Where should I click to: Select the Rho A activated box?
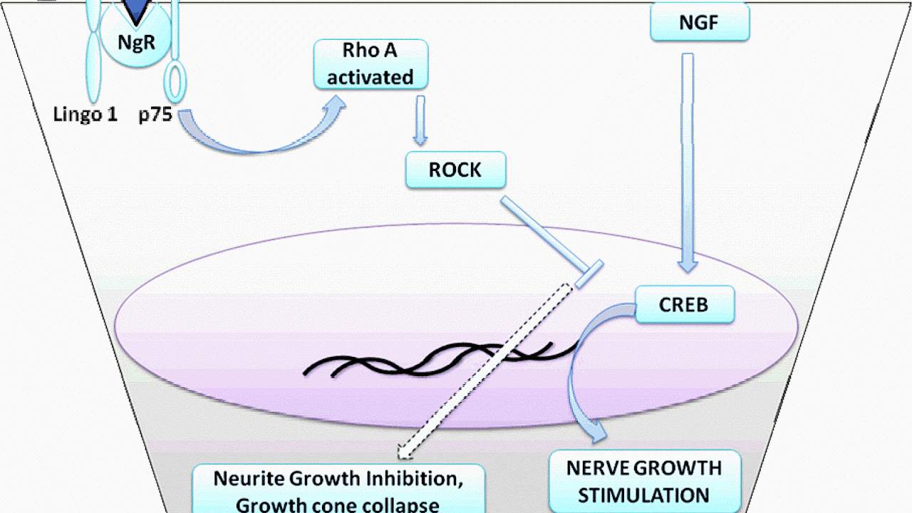click(x=370, y=64)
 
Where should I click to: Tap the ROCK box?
click(x=455, y=170)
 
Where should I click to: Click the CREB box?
click(x=684, y=304)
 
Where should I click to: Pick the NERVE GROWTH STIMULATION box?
click(x=643, y=481)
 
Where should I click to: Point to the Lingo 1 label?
click(x=85, y=114)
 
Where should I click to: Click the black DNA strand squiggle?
click(x=442, y=360)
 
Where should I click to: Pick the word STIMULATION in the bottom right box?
click(x=643, y=494)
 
